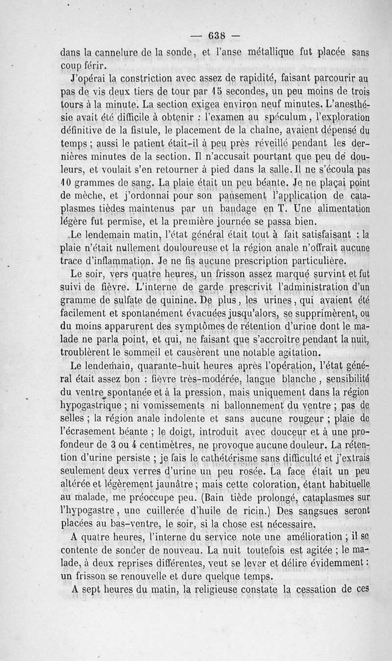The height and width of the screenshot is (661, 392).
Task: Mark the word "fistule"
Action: [158, 129]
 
